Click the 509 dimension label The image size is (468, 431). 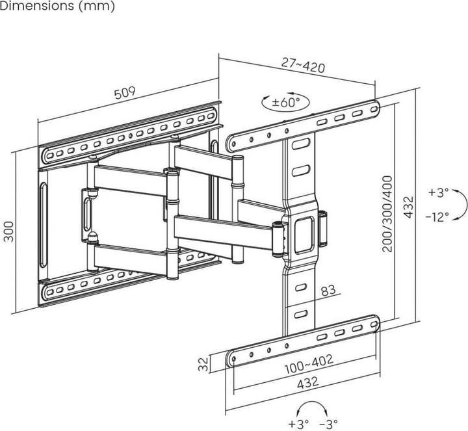[125, 93]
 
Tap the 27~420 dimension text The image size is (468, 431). [303, 66]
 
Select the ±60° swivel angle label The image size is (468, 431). [285, 102]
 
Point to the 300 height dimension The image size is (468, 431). [8, 231]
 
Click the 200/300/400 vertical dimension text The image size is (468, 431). [387, 214]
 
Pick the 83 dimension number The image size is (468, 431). [328, 290]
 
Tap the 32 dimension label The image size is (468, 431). [203, 364]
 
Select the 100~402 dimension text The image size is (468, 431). [309, 364]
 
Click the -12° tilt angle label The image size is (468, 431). [437, 216]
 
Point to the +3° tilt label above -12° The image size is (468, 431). [439, 192]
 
